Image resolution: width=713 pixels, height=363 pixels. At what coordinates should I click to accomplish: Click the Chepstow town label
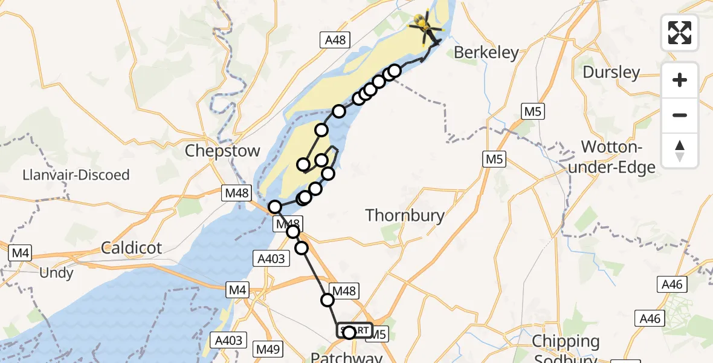(x=222, y=151)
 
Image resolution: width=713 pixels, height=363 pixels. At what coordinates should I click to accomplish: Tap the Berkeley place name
(x=486, y=53)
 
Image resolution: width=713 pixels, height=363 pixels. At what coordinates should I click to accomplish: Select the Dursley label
(x=611, y=73)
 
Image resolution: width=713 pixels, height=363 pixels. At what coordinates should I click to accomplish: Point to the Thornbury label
(x=405, y=215)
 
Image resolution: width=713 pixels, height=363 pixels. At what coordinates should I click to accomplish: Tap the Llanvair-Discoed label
(x=76, y=175)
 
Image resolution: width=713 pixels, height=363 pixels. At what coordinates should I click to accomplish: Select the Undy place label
(x=56, y=273)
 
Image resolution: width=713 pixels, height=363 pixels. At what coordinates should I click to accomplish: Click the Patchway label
(x=346, y=358)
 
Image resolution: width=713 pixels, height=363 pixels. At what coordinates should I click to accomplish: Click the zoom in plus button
(x=680, y=80)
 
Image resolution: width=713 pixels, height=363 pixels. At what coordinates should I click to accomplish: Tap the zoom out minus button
(x=680, y=115)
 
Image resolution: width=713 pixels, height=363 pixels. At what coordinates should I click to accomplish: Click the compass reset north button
(x=680, y=150)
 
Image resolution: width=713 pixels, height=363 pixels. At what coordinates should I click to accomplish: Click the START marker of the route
(x=354, y=330)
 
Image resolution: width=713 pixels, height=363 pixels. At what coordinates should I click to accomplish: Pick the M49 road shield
(x=268, y=349)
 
